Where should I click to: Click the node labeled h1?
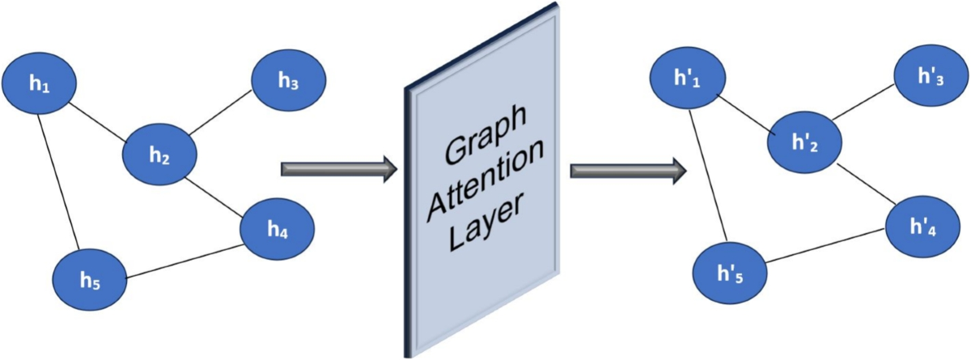point(39,85)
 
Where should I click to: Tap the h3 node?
point(289,81)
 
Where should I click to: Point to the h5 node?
point(90,279)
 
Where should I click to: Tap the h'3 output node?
point(931,79)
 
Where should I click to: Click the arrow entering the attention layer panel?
point(338,169)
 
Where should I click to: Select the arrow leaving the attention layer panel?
point(629,171)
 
